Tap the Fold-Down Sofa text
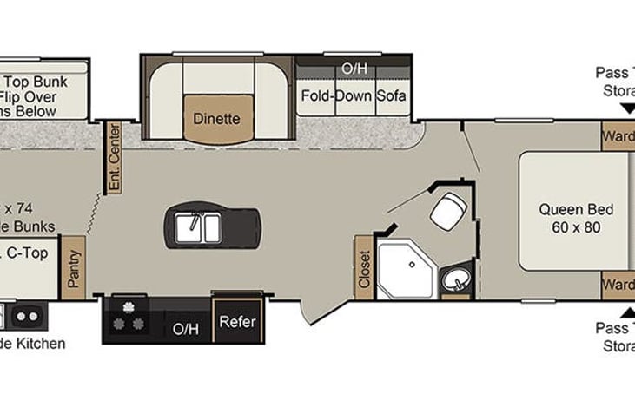click(354, 95)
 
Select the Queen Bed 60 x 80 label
click(576, 218)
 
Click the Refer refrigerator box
click(237, 322)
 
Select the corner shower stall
click(405, 263)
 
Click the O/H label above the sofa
click(353, 69)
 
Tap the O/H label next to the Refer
click(185, 329)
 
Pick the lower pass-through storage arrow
click(627, 311)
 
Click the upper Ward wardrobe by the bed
click(618, 136)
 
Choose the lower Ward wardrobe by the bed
click(618, 284)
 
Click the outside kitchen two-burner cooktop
click(26, 314)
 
